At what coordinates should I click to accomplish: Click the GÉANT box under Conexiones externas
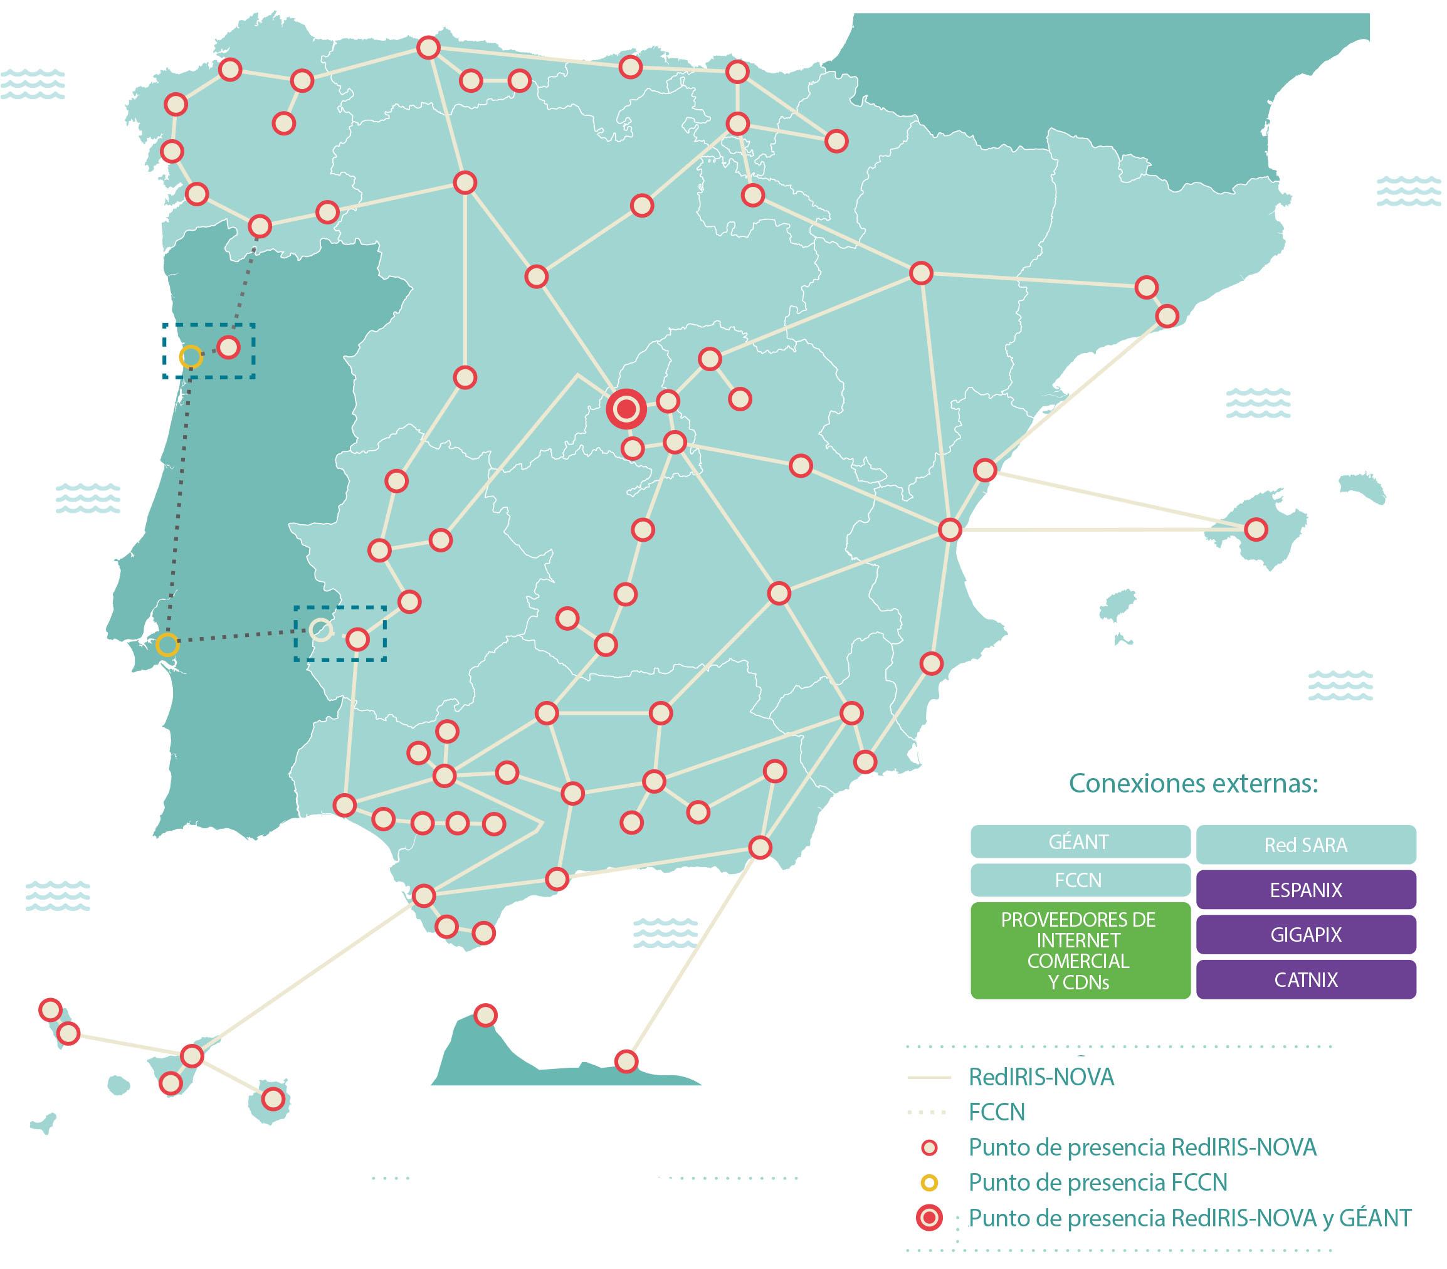point(1079,842)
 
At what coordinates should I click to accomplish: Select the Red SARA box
point(1305,845)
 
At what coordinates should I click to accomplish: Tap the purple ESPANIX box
point(1305,890)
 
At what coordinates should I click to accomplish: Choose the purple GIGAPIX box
point(1305,935)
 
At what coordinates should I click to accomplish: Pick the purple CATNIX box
point(1305,980)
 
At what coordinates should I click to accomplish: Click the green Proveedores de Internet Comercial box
point(1079,950)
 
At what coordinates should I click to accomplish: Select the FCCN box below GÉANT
point(1079,880)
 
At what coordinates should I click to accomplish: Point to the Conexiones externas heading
point(1193,784)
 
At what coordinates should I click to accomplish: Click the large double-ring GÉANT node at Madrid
point(626,409)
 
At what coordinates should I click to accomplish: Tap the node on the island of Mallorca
point(1255,529)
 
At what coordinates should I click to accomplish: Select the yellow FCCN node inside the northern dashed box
point(191,357)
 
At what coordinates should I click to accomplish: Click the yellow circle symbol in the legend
point(930,1182)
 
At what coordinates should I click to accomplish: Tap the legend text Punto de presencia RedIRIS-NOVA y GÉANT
point(1189,1218)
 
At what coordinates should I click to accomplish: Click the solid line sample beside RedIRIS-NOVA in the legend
point(928,1078)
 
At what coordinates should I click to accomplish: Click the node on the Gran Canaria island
point(273,1099)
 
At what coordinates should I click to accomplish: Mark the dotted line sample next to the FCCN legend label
point(927,1112)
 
